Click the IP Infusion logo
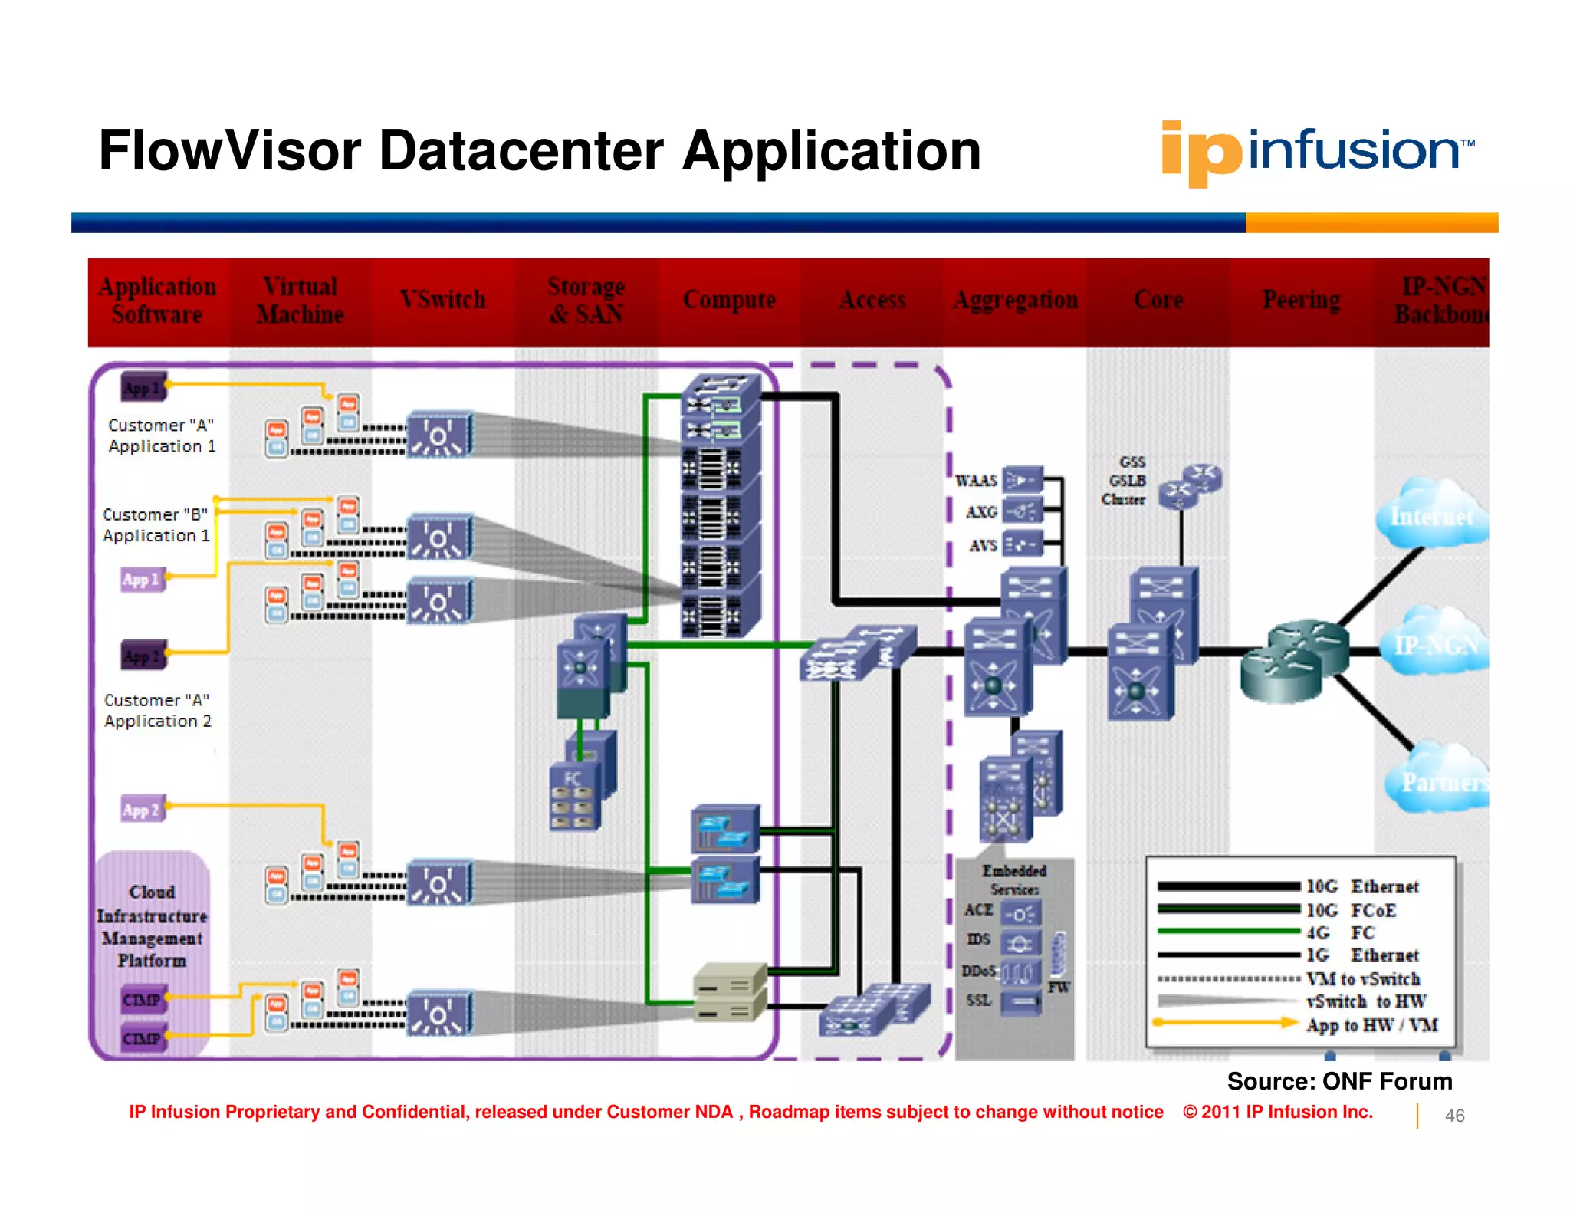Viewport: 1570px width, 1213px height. tap(1317, 151)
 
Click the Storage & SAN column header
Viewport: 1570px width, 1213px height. tap(586, 300)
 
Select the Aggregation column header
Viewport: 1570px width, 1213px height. tap(1015, 300)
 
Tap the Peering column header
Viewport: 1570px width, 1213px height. tap(1301, 300)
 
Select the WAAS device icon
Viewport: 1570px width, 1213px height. tap(1023, 481)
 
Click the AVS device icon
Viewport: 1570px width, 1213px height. tap(1023, 544)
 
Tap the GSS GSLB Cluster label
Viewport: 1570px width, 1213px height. tap(1125, 481)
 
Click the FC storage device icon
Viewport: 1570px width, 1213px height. tap(575, 797)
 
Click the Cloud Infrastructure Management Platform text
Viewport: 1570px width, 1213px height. tap(152, 925)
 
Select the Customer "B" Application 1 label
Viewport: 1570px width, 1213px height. tap(156, 525)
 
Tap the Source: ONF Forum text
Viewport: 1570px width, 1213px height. tap(1338, 1081)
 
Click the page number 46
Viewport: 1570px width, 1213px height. tap(1454, 1116)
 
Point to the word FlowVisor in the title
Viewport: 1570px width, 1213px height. tap(229, 151)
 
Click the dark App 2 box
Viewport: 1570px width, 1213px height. tap(143, 656)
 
